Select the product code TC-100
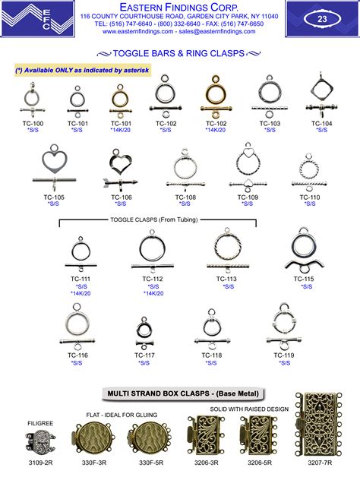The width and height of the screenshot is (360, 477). [33, 123]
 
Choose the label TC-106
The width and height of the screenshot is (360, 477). [122, 197]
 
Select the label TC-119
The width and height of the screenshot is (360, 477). [285, 355]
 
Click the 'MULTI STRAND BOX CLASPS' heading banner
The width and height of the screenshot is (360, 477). [179, 393]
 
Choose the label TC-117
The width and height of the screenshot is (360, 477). [145, 355]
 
